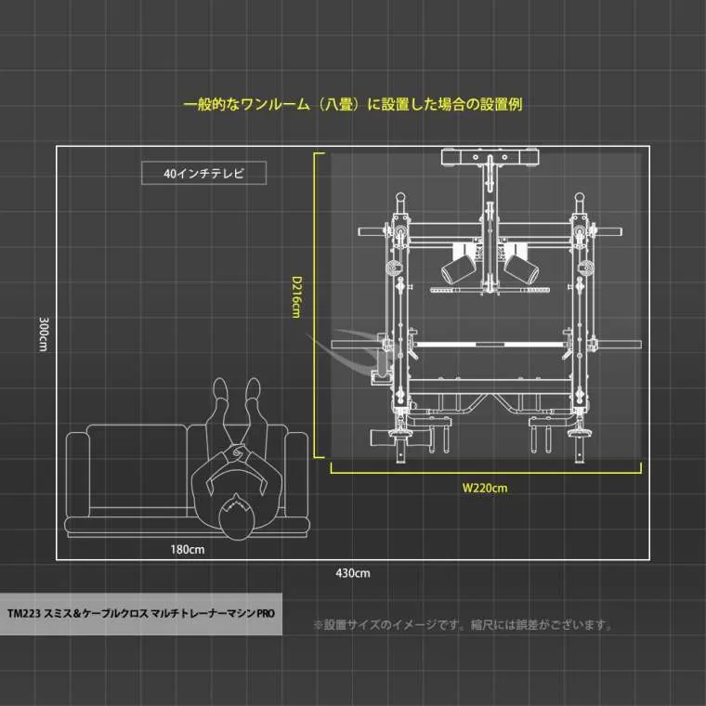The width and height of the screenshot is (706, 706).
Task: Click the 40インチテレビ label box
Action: tap(204, 173)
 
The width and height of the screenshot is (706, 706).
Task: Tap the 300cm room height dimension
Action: tap(44, 333)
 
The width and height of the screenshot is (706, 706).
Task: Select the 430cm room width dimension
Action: tap(353, 573)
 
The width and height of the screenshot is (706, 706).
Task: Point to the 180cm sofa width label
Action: tap(188, 549)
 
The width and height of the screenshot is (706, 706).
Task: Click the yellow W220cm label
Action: tap(485, 488)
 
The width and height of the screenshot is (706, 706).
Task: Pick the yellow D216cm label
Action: tap(296, 297)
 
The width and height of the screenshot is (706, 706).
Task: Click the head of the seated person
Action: tap(236, 516)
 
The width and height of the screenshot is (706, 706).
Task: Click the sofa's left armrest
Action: tap(77, 475)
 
